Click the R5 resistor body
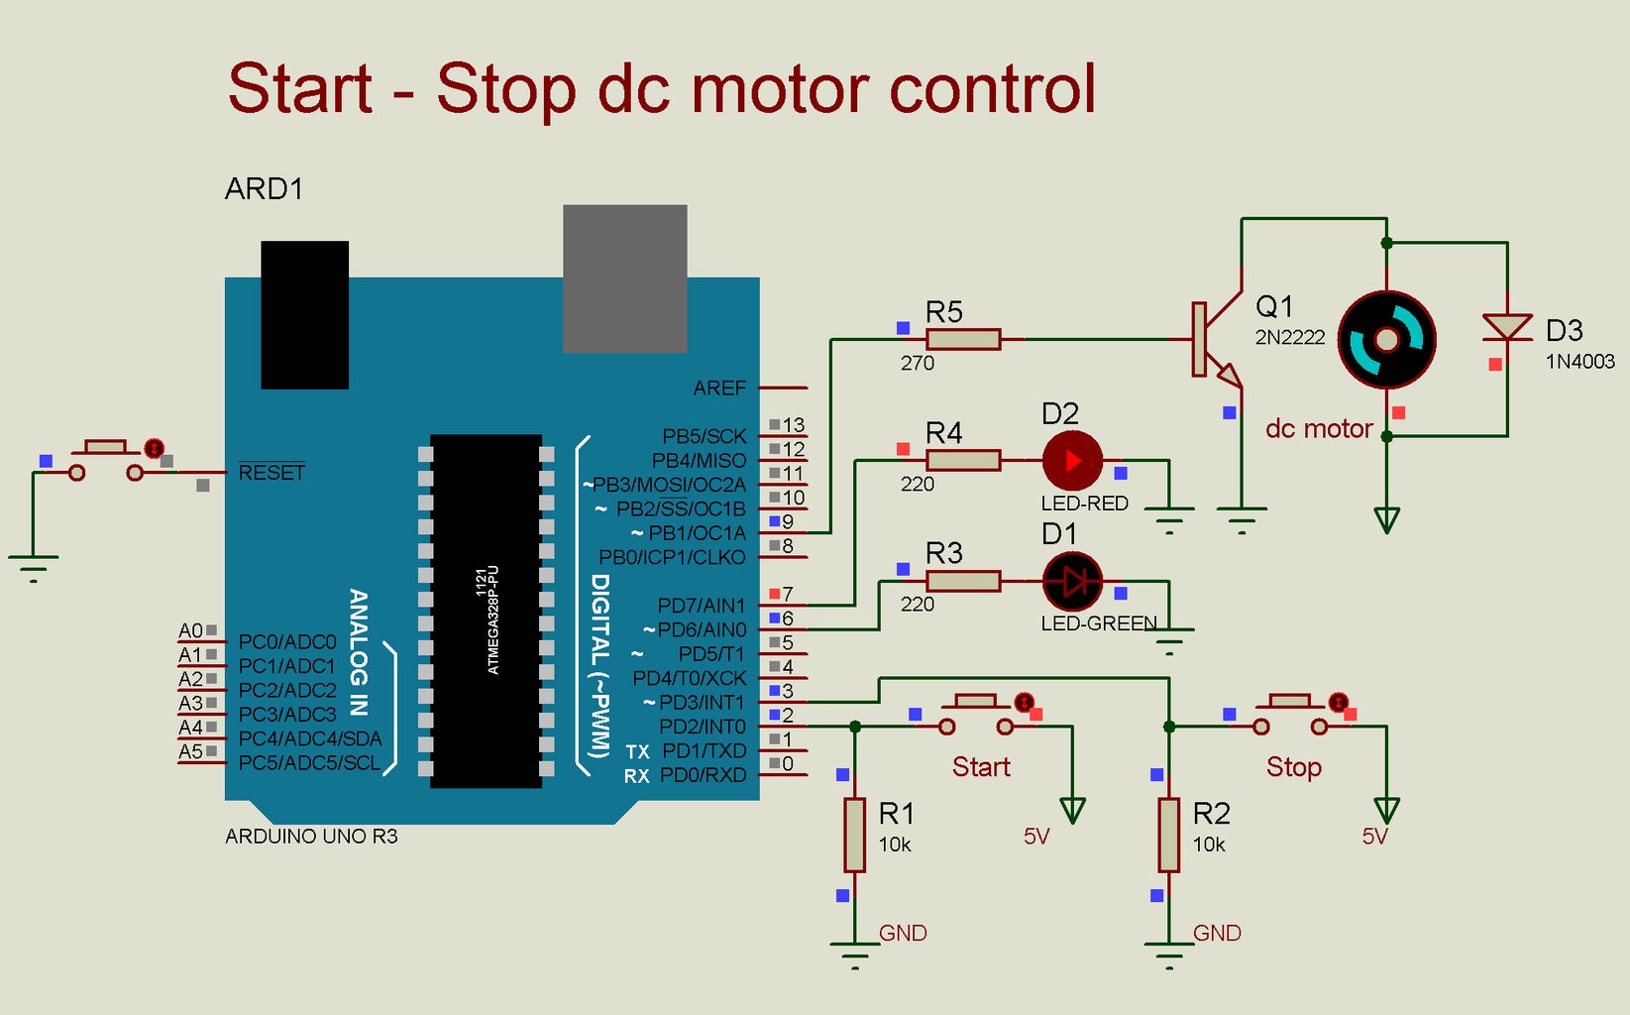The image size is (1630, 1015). click(x=962, y=339)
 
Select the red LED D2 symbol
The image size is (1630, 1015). click(x=1072, y=461)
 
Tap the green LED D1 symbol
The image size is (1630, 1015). click(x=1072, y=581)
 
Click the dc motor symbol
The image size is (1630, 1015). click(x=1386, y=339)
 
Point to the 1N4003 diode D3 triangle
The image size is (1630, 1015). click(x=1507, y=326)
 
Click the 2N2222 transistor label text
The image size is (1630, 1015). click(x=1289, y=337)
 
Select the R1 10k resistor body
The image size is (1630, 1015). click(x=854, y=835)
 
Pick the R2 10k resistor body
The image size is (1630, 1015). click(x=1169, y=835)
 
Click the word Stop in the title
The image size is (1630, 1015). click(x=505, y=89)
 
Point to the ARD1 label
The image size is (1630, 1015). click(x=264, y=188)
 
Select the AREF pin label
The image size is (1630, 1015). click(x=719, y=389)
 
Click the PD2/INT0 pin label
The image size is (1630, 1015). click(x=702, y=727)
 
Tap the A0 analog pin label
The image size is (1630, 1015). click(x=190, y=630)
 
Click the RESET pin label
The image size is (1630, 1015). click(x=272, y=473)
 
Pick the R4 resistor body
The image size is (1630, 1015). click(x=962, y=460)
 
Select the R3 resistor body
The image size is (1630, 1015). click(x=962, y=581)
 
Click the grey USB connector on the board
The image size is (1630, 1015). click(x=624, y=278)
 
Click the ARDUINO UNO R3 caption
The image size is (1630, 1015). click(x=311, y=837)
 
